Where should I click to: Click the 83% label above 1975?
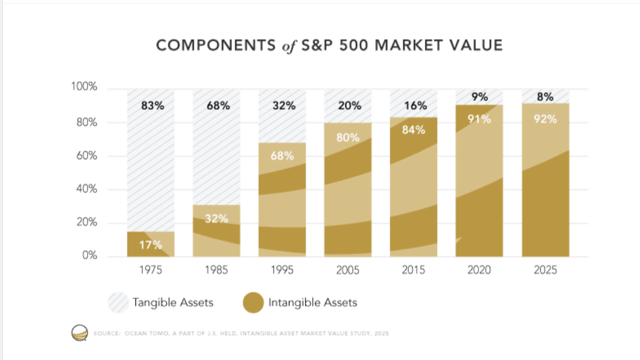pos(152,106)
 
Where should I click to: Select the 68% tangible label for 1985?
pos(218,106)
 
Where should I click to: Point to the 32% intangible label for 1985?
pos(216,218)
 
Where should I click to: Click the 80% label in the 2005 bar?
pos(348,138)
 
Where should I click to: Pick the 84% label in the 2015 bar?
pos(413,130)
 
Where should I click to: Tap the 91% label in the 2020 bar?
pos(479,119)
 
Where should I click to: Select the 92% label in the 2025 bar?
pos(545,119)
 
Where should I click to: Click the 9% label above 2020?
pos(479,97)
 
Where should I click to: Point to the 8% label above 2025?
pos(545,97)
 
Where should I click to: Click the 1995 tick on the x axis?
pos(282,270)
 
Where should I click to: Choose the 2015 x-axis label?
pos(413,270)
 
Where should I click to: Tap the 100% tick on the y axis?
pos(84,87)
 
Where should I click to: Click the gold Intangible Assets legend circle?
pos(253,303)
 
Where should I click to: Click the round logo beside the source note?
pos(79,333)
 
